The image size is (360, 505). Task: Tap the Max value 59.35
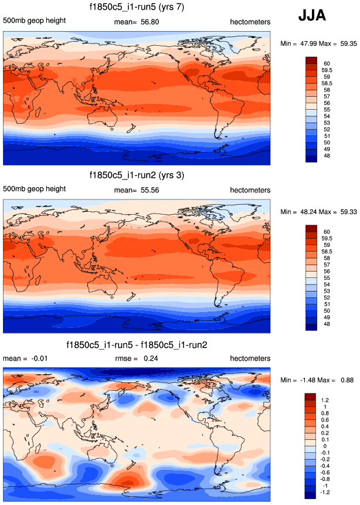tap(345, 43)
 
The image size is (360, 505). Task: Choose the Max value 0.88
tap(345, 380)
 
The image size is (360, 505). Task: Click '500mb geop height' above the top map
tap(34, 22)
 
